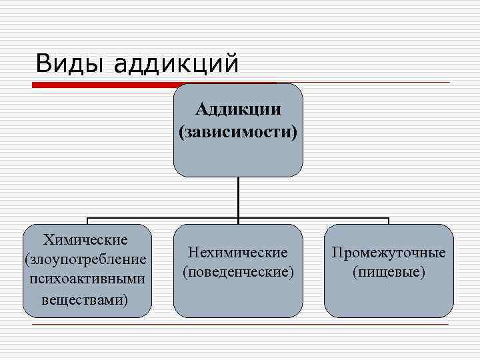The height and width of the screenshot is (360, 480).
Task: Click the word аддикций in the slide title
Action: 176,65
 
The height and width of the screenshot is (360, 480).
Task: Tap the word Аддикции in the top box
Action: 238,109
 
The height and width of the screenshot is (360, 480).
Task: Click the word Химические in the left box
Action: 85,239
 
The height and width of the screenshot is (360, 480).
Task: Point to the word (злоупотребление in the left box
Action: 85,258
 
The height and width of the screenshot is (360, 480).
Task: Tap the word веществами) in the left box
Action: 85,299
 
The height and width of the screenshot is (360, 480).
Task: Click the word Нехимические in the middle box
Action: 238,253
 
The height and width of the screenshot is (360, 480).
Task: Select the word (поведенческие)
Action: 238,272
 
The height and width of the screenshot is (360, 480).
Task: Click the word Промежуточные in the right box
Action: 389,253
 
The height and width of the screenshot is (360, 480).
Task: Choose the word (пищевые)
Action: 389,272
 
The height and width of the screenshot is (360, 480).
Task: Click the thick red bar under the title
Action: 107,85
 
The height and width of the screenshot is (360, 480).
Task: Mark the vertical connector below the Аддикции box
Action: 238,197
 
